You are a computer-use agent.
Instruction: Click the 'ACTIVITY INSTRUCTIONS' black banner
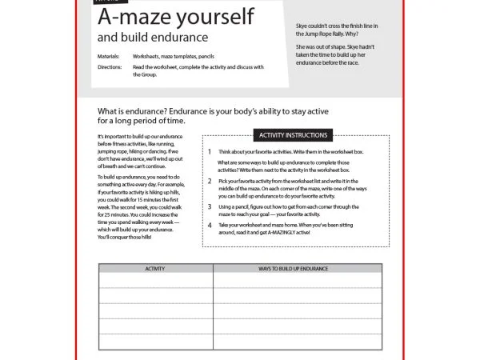[x=290, y=135]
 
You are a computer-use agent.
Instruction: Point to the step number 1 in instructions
[x=210, y=151]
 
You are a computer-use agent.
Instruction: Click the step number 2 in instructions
[x=210, y=182]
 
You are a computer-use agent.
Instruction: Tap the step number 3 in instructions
[x=210, y=206]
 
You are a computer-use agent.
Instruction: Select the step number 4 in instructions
[x=210, y=226]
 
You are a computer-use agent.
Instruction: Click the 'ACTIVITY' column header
[x=155, y=269]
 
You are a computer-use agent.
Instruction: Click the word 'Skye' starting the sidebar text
[x=302, y=26]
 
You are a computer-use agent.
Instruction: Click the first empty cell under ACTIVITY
[x=155, y=281]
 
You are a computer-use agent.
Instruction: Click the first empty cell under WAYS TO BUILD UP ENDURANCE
[x=297, y=281]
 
